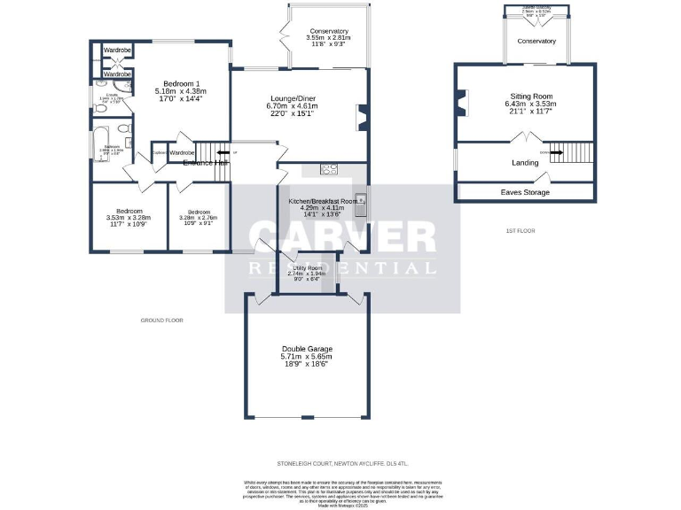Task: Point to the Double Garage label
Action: pyautogui.click(x=307, y=348)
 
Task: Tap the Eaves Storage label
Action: pyautogui.click(x=525, y=192)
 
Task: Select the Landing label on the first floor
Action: pyautogui.click(x=525, y=163)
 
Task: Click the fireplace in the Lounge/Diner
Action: pyautogui.click(x=362, y=117)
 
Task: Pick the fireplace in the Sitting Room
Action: pyautogui.click(x=459, y=103)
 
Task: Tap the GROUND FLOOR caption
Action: pyautogui.click(x=161, y=320)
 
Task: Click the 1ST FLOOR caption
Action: pyautogui.click(x=521, y=231)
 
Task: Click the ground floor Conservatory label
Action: pyautogui.click(x=327, y=31)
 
